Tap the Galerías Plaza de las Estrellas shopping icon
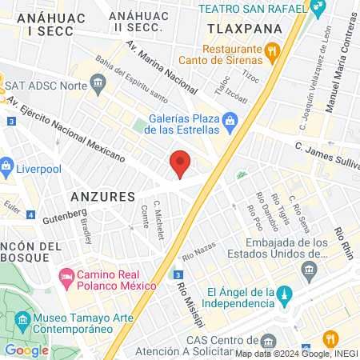(230, 122)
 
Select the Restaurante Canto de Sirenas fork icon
(272, 52)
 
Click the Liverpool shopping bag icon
(7, 169)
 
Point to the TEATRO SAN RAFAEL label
(251, 9)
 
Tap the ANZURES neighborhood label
(102, 197)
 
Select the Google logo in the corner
(26, 350)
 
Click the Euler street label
(11, 205)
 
